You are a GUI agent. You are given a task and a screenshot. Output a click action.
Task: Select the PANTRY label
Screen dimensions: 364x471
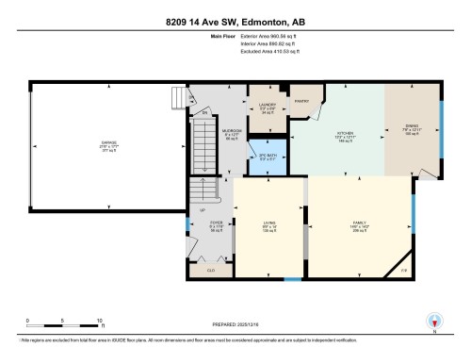click(303, 99)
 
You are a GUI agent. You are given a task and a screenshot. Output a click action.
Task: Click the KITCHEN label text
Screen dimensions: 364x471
click(344, 134)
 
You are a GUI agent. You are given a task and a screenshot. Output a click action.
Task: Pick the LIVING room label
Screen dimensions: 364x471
click(269, 224)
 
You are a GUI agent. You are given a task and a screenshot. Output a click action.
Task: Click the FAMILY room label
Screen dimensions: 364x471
click(359, 224)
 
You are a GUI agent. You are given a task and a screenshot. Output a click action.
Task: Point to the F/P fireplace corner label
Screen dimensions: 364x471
click(404, 272)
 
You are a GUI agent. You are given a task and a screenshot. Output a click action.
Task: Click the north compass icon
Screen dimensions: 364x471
click(434, 322)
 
